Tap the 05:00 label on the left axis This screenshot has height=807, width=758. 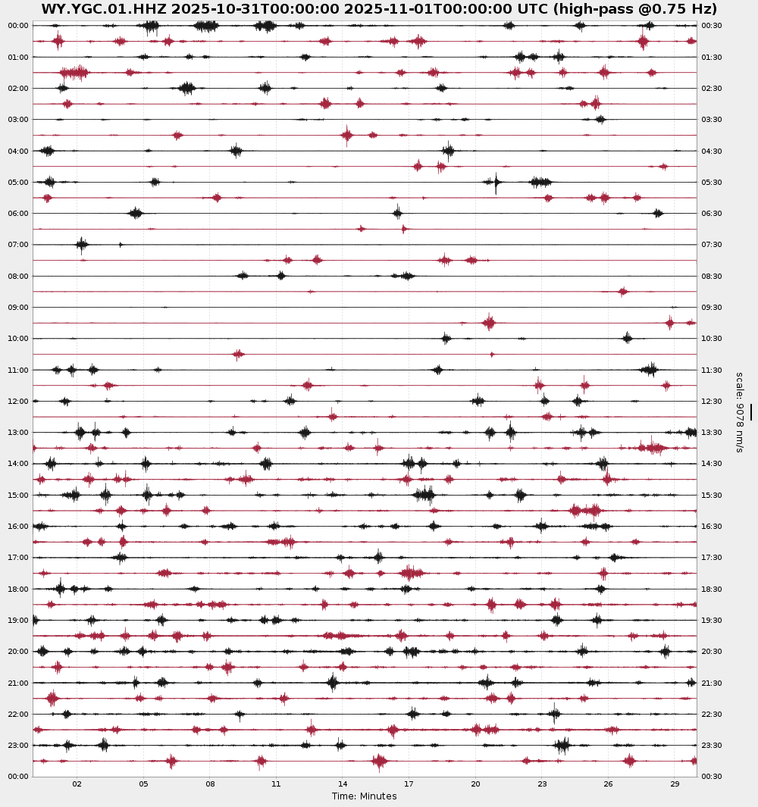[x=18, y=182]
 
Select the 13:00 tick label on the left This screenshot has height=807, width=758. [x=18, y=432]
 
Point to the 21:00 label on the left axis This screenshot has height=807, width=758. [x=18, y=683]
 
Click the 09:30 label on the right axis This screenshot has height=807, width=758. [x=712, y=307]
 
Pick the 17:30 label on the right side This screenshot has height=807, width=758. [x=712, y=557]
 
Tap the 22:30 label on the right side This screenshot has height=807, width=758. [x=712, y=714]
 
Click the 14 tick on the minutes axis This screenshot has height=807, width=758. [x=343, y=784]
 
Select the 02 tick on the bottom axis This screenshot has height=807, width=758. [x=77, y=784]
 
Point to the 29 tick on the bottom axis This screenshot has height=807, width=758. [x=675, y=784]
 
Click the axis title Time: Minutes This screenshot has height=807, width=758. [x=364, y=796]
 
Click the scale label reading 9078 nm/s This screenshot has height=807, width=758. [x=739, y=412]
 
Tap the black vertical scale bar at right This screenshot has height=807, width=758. [x=751, y=411]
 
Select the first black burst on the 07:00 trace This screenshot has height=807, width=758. [x=82, y=244]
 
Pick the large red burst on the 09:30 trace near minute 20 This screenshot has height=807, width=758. [x=489, y=323]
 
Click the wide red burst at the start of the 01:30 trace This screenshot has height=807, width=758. [x=74, y=73]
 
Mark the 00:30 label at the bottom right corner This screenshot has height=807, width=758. [x=712, y=776]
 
